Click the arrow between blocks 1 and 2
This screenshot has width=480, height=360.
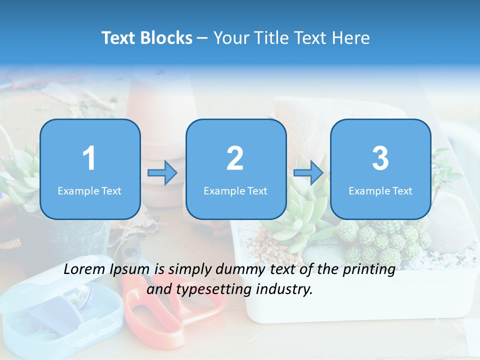[x=162, y=173]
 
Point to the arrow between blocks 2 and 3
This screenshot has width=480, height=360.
[x=308, y=173]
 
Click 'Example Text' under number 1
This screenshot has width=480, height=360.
[x=89, y=190]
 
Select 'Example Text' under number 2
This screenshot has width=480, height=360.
[x=235, y=190]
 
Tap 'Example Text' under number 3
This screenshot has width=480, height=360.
[x=380, y=190]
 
